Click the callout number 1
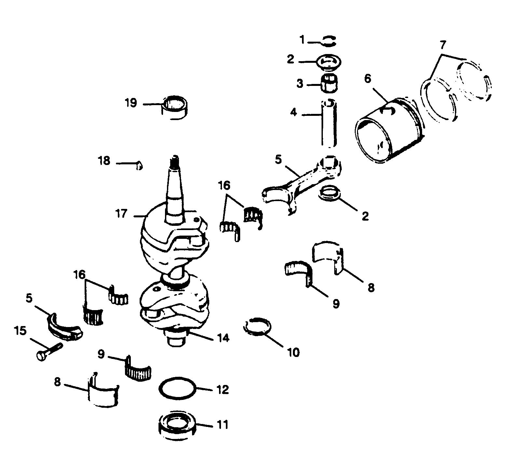pyautogui.click(x=302, y=40)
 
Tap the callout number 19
pyautogui.click(x=131, y=103)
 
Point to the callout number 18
pyautogui.click(x=104, y=161)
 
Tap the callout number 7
pyautogui.click(x=444, y=44)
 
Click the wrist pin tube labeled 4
pyautogui.click(x=329, y=124)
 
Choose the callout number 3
pyautogui.click(x=300, y=84)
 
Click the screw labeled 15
pyautogui.click(x=49, y=352)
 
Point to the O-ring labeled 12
pyautogui.click(x=178, y=389)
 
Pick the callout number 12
pyautogui.click(x=223, y=389)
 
